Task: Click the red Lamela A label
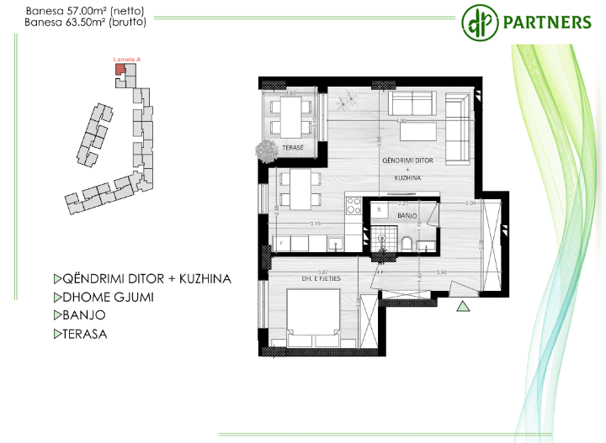127,60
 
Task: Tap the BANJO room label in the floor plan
407,216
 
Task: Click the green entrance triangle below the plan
462,308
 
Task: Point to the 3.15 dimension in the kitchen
316,224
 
